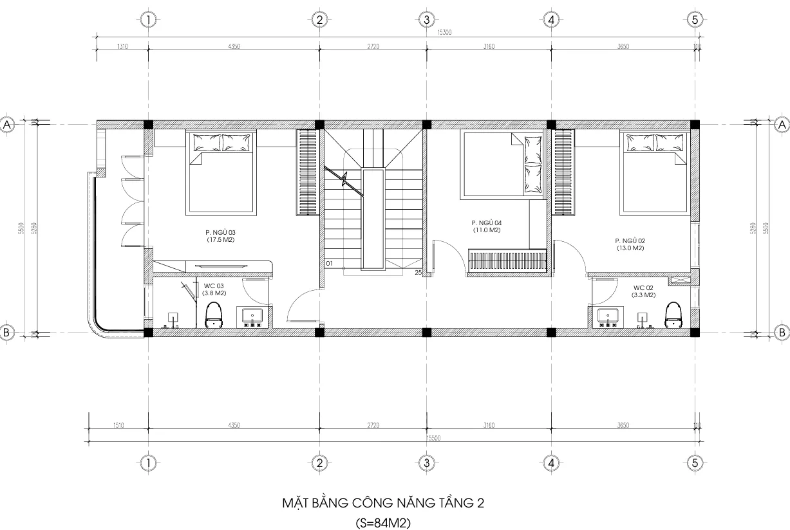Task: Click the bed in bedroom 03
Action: click(220, 172)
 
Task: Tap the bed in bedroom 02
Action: click(654, 172)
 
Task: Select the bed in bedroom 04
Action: click(503, 164)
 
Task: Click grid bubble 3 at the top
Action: click(426, 20)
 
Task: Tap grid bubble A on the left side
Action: click(8, 125)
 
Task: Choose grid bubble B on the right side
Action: click(781, 332)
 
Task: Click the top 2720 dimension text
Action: click(373, 46)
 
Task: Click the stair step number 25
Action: click(418, 273)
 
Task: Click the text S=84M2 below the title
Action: click(383, 522)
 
